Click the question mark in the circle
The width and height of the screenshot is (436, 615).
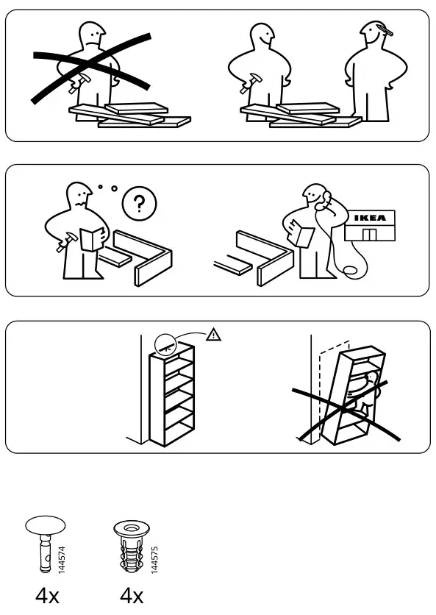[x=134, y=204]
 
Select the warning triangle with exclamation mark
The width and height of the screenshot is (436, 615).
[x=213, y=335]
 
